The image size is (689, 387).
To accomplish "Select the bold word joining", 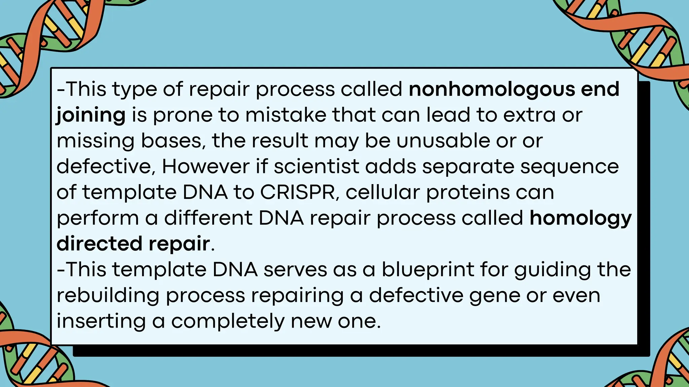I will coord(91,115).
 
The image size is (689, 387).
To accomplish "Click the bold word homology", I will coord(580,218).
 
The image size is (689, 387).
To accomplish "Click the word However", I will coord(206,166).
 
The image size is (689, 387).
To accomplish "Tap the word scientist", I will coord(317,166).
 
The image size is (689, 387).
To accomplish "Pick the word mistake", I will coord(286,115).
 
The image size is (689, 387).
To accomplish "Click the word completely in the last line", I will coord(228,321).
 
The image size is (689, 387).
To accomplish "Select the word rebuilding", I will coord(108,296).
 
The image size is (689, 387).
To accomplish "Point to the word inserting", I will coord(101,321).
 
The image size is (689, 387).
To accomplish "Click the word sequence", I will coord(569,167).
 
